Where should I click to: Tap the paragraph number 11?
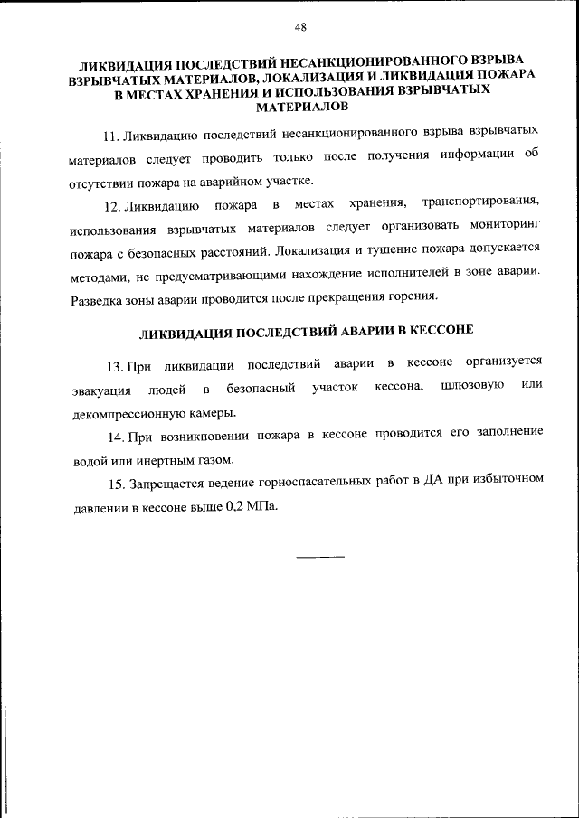pyautogui.click(x=111, y=136)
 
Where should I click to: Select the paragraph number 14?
pyautogui.click(x=114, y=435)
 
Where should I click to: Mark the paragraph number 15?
pyautogui.click(x=114, y=483)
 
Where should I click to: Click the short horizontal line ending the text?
pyautogui.click(x=321, y=555)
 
